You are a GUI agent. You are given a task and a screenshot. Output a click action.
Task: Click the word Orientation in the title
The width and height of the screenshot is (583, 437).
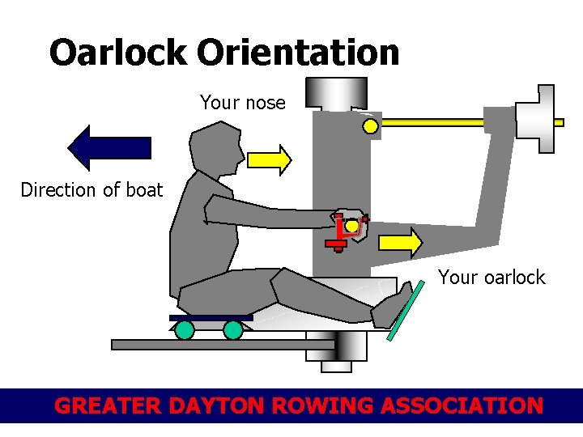point(297,53)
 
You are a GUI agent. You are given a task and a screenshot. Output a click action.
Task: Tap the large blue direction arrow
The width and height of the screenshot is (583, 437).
point(109,147)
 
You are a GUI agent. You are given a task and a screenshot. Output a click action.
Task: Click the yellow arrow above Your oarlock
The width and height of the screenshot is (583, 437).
point(400,242)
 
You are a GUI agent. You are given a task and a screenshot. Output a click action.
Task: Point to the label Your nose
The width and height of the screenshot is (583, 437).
point(243,103)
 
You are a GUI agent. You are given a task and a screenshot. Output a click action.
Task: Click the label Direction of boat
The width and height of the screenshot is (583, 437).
point(91,190)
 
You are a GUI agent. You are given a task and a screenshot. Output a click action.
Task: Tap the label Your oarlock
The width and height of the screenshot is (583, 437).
point(492,278)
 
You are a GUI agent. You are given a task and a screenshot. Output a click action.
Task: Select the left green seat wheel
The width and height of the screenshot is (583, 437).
point(185,329)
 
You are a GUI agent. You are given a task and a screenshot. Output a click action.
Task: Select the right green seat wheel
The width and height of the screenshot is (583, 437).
point(233,329)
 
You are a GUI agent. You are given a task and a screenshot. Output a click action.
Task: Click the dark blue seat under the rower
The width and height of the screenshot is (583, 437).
point(211,317)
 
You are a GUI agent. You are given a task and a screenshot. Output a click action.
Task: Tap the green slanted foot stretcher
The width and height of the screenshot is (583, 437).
point(406,311)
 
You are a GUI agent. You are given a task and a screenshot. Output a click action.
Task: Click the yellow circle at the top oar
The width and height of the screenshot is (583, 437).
point(370,125)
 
